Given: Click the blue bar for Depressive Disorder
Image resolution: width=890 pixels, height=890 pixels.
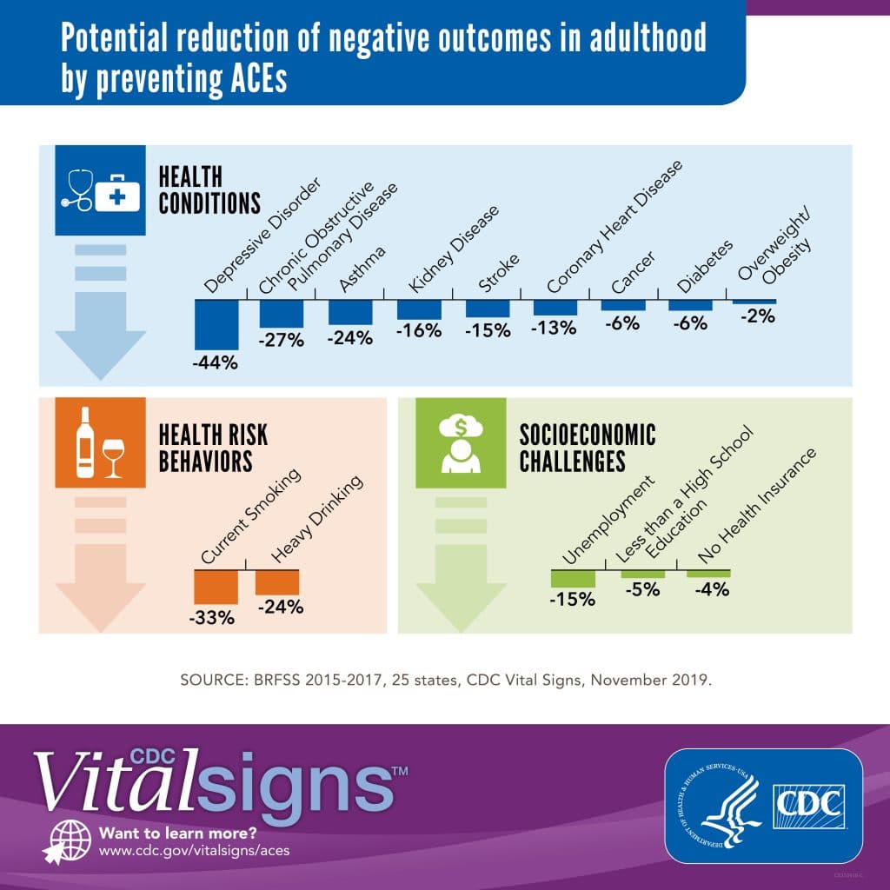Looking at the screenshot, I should tap(216, 324).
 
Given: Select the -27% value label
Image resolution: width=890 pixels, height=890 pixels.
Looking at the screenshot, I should tap(282, 340).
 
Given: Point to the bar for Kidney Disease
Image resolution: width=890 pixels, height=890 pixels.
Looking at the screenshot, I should tap(419, 309).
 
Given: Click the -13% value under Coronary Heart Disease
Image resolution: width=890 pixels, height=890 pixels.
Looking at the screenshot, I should tap(555, 328).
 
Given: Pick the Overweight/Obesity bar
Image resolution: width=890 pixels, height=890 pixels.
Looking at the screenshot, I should tap(754, 302).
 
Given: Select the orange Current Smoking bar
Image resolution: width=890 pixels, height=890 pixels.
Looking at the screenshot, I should tap(216, 586).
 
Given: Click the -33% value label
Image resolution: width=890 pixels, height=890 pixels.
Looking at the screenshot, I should tap(212, 618).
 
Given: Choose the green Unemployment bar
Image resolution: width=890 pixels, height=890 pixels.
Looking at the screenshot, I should tap(573, 579).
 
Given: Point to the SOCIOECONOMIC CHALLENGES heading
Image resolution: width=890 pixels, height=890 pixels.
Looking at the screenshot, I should tap(588, 447).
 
